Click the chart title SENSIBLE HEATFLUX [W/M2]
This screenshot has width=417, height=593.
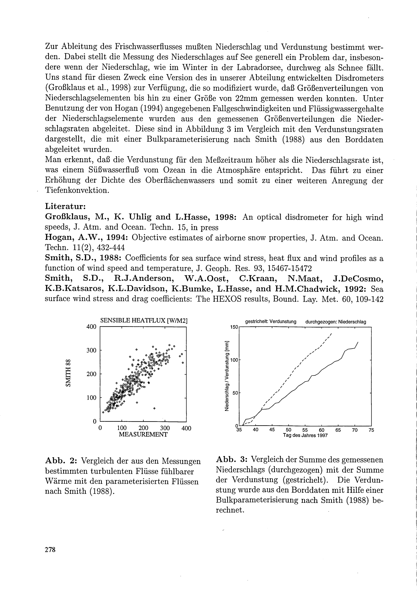tap(143, 320)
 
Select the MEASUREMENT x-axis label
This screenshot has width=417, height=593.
tap(143, 434)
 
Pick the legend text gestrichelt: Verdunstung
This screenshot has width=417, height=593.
tap(270, 322)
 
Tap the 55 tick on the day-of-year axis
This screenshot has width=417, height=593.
tap(305, 430)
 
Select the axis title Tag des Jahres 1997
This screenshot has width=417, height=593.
tap(305, 435)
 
